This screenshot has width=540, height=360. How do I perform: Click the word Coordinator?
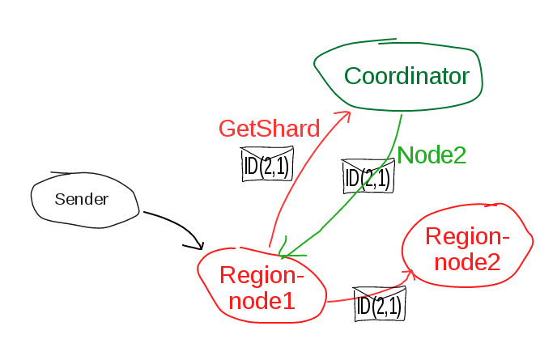[x=406, y=77]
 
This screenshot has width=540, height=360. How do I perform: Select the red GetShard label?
[x=269, y=128]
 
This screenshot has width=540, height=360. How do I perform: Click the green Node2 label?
[x=432, y=155]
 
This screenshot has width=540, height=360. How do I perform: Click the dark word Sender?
[x=82, y=199]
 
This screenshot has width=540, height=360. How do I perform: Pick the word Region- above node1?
[x=261, y=276]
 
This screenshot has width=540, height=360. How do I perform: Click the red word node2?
[x=466, y=261]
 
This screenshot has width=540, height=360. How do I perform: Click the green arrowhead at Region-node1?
[x=283, y=252]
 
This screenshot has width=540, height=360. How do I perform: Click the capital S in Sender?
[x=60, y=199]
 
